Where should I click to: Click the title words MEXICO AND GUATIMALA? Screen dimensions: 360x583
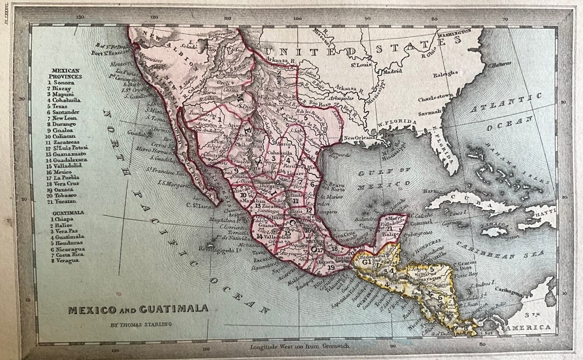click(x=137, y=309)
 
